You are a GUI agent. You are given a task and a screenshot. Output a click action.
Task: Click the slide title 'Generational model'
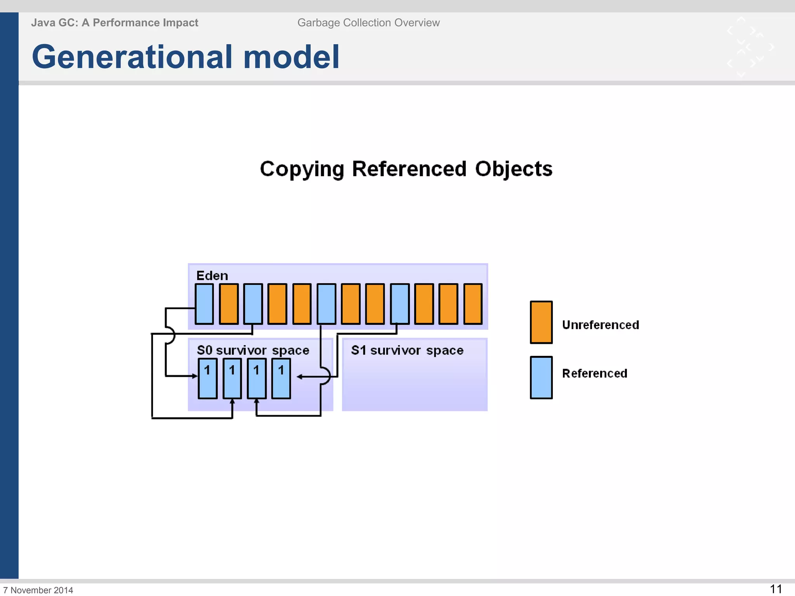186,57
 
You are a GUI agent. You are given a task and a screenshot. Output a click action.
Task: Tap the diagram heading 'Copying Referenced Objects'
406,169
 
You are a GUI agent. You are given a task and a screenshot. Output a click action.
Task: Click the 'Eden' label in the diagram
212,275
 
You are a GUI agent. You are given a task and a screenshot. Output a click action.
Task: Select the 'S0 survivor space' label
253,350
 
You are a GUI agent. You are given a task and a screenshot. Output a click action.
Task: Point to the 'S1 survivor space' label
407,350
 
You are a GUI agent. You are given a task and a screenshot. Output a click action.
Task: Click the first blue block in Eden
204,304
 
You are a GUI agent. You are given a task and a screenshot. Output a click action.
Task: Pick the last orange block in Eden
473,304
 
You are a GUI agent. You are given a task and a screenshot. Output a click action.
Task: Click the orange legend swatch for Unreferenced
541,322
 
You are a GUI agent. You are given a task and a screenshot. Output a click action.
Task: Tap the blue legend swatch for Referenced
541,378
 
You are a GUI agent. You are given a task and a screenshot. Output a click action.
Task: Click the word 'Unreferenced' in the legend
600,325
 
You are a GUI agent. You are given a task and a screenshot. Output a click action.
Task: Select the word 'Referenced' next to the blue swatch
594,373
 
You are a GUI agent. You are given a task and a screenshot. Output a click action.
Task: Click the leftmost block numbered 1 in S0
208,378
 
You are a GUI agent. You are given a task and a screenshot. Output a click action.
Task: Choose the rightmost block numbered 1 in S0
281,378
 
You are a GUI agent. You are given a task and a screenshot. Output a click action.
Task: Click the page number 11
776,589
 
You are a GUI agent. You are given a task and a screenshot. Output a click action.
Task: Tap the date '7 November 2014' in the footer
38,590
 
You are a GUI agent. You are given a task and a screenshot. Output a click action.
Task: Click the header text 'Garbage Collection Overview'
368,23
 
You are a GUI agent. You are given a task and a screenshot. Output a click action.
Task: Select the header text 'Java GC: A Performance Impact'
115,23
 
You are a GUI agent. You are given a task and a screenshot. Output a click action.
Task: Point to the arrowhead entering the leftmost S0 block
195,376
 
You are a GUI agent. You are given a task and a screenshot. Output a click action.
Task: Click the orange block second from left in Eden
229,304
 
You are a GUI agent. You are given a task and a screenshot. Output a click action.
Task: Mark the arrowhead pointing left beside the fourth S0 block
300,376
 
